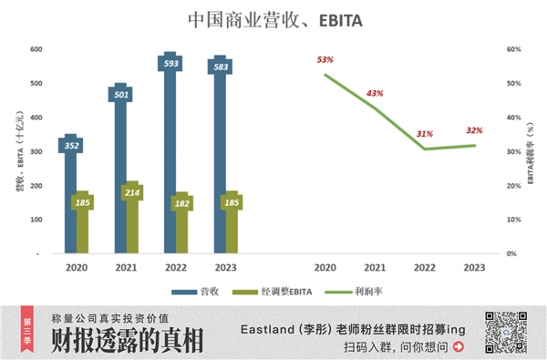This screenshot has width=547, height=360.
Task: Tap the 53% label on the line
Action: [x=325, y=60]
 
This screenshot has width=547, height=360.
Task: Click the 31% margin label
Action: [x=424, y=134]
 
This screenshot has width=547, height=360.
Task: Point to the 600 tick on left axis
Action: [x=36, y=49]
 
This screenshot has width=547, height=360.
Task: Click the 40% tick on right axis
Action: [x=514, y=118]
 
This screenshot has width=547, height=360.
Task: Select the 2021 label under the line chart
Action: [x=375, y=269]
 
